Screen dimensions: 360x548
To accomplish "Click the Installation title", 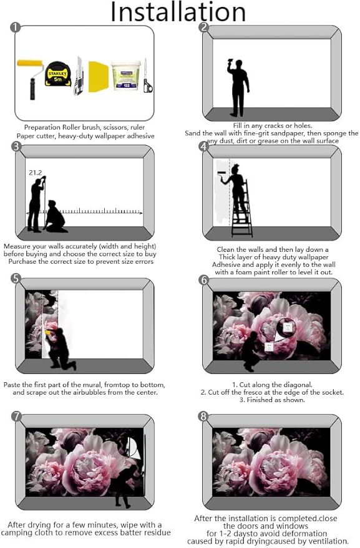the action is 178,12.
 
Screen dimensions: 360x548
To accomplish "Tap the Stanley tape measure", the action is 58,74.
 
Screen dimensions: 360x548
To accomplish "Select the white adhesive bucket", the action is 125,75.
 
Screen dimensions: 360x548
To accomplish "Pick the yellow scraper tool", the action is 98,77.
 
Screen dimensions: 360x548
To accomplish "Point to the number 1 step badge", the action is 16,27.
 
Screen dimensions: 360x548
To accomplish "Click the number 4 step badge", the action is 203,146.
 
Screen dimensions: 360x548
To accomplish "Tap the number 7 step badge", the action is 16,416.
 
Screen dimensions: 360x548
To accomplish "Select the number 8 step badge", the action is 203,416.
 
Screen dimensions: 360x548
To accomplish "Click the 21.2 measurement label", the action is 36,173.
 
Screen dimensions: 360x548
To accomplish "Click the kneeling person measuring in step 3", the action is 56,217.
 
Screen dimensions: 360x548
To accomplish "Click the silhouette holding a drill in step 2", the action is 238,87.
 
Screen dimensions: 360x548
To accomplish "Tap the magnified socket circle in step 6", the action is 286,327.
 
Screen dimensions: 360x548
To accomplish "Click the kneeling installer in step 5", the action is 60,349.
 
